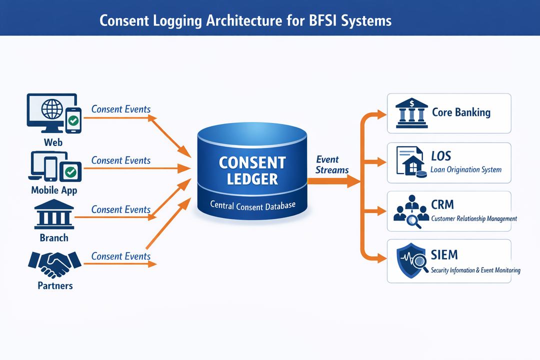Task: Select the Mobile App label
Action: coord(54,190)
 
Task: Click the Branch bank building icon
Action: coord(53,215)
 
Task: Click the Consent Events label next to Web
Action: coord(121,109)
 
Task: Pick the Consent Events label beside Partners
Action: coord(121,256)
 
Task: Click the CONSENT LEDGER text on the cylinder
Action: coord(252,170)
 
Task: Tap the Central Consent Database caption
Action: coord(252,204)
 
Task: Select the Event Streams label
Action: coord(331,164)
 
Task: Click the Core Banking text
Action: coord(461,112)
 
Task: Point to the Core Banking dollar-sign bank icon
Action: coord(411,112)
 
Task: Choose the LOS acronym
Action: coord(441,155)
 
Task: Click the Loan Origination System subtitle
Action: coord(466,169)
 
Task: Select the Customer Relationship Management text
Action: coord(473,218)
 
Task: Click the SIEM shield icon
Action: coord(411,261)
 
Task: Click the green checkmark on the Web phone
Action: coord(73,120)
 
